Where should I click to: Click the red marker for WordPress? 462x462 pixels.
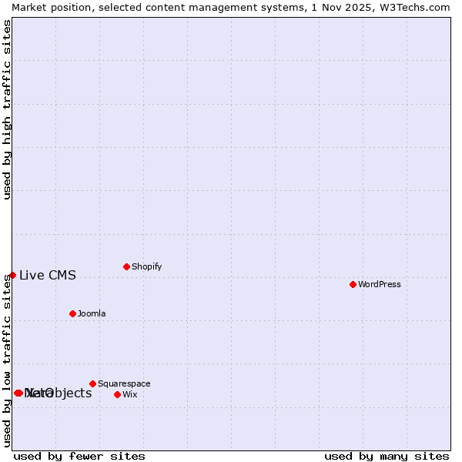click(x=353, y=284)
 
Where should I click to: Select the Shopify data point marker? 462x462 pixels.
click(x=126, y=266)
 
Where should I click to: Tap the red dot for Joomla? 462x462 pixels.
click(x=72, y=313)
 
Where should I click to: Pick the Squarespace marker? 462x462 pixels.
click(x=92, y=383)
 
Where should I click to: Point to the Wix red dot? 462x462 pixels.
click(x=117, y=394)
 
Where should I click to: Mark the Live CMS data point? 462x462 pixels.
click(x=12, y=275)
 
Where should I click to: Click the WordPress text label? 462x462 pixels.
click(x=380, y=284)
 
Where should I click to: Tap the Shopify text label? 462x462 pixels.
click(x=146, y=266)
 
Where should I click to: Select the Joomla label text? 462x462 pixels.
click(x=92, y=313)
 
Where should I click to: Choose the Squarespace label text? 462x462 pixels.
click(x=124, y=383)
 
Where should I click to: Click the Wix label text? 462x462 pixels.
click(x=129, y=394)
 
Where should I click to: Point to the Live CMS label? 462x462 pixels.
click(x=48, y=276)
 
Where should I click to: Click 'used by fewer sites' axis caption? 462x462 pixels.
click(x=79, y=456)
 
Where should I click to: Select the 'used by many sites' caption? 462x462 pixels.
click(x=387, y=456)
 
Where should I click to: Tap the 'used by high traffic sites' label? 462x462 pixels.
click(x=8, y=109)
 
